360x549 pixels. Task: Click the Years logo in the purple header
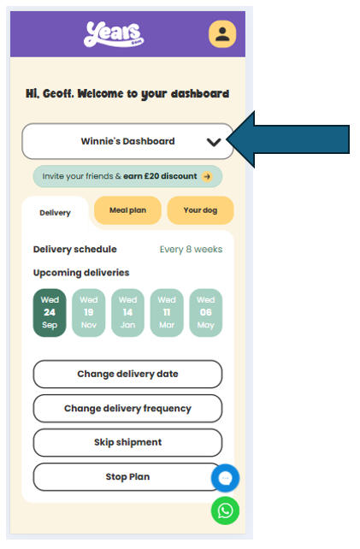[x=114, y=34]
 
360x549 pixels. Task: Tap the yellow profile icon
[x=222, y=34]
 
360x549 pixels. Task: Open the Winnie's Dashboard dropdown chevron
[x=214, y=142]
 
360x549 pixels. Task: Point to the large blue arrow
[x=288, y=139]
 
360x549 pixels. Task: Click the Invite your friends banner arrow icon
[x=207, y=176]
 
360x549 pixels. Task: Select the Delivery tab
[x=55, y=213]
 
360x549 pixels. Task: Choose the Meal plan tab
[x=127, y=210]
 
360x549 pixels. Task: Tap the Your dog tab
[x=200, y=210]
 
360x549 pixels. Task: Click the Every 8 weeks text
[x=191, y=250]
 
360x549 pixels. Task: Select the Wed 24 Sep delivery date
[x=50, y=313]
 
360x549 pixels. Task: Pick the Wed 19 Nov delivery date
[x=89, y=313]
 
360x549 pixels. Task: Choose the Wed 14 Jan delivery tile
[x=127, y=313]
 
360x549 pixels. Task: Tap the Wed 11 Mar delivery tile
[x=167, y=313]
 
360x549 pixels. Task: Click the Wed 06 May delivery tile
[x=206, y=313]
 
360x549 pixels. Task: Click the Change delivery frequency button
[x=127, y=408]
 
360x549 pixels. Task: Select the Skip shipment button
[x=127, y=443]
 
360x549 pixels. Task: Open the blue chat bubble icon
[x=225, y=478]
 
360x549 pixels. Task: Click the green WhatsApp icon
[x=225, y=511]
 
